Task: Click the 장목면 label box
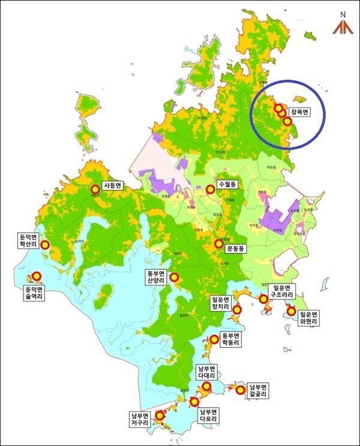(x=299, y=112)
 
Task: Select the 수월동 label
(x=228, y=185)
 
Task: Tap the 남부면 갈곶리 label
(x=259, y=390)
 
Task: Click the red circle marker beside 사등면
(x=94, y=188)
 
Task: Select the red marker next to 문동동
(x=219, y=244)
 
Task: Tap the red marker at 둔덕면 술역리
(x=36, y=276)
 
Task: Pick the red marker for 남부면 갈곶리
(x=241, y=390)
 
